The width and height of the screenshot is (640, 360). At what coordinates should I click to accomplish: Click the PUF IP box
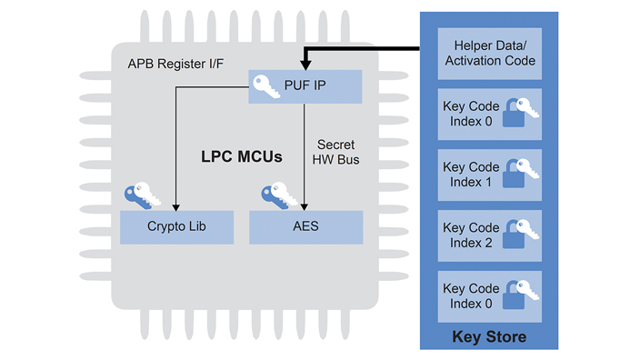coord(305,87)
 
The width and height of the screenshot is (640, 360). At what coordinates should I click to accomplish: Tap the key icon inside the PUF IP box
coord(265,85)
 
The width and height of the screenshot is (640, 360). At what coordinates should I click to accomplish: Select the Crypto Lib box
coord(176,226)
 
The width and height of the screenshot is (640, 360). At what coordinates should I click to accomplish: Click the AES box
coord(305,226)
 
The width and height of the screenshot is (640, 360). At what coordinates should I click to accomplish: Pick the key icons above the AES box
coord(278,196)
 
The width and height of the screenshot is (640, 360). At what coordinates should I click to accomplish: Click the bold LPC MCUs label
coord(241,156)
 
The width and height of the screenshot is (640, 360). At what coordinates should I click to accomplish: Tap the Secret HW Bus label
coord(335,152)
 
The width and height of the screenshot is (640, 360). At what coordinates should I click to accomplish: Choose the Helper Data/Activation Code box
coord(489,54)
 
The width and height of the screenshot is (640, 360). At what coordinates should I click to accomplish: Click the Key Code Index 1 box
coord(489,175)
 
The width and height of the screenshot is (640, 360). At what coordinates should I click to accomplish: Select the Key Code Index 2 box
coord(489,235)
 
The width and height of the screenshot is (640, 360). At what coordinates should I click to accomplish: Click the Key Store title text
coord(489,337)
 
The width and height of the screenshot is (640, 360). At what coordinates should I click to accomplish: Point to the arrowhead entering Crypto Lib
coord(175,205)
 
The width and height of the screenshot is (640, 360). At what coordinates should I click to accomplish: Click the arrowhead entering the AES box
coord(305,205)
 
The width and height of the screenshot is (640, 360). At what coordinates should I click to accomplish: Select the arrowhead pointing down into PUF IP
coord(305,65)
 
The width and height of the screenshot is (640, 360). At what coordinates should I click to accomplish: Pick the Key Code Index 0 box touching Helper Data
coord(489,114)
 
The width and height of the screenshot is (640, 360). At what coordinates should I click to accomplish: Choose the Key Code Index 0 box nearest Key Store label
coord(489,295)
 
